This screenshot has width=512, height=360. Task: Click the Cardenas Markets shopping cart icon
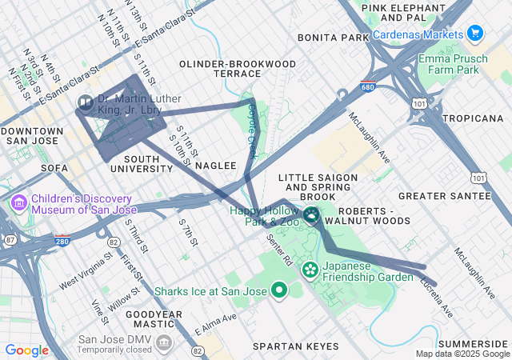tap(476, 34)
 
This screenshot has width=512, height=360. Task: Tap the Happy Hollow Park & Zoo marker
tap(310, 214)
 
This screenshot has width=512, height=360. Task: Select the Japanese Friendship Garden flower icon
tap(310, 271)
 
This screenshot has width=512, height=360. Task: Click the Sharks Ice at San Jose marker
tap(279, 290)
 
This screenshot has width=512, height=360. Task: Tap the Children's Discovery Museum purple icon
tap(18, 204)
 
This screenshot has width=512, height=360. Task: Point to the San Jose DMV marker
tap(164, 344)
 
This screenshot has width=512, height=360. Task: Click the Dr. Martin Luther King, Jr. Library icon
tap(86, 103)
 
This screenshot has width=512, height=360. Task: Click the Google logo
tap(27, 350)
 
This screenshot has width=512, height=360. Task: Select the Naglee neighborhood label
tap(216, 165)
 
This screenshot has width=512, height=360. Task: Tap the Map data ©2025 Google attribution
tap(462, 354)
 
